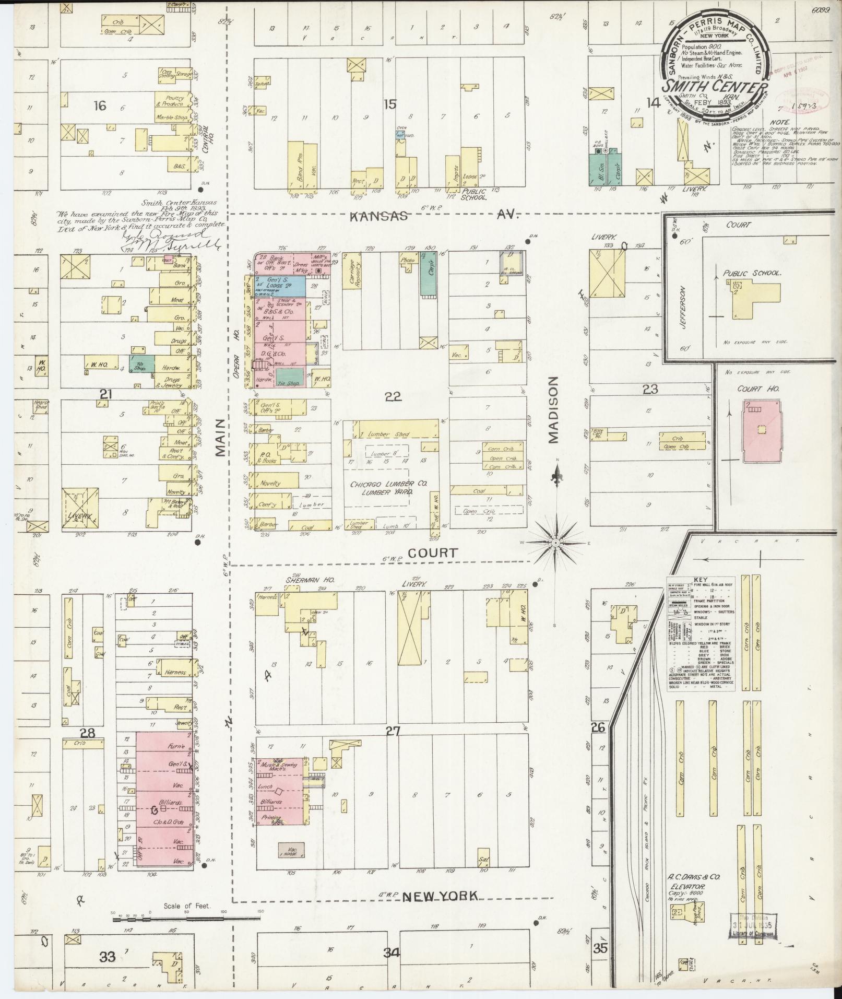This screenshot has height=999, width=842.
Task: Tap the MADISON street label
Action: [554, 410]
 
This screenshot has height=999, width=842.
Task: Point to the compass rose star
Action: [556, 543]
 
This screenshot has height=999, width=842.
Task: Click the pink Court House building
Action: [761, 432]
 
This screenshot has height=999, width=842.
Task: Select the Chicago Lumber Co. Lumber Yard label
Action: [388, 488]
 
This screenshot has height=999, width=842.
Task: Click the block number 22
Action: [393, 397]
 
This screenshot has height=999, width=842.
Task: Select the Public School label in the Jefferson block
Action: [751, 273]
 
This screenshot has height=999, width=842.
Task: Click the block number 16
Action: [100, 106]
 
